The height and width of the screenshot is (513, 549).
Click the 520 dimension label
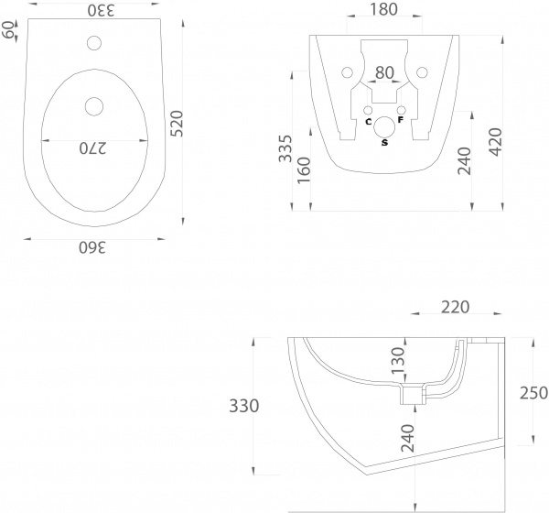pos(178,124)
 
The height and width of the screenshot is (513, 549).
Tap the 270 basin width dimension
pos(92,148)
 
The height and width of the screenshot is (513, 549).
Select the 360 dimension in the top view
pos(92,247)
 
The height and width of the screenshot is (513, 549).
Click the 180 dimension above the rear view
pos(383,9)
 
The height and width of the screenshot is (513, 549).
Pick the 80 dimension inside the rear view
pos(385,73)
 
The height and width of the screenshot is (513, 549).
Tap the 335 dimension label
pos(285,148)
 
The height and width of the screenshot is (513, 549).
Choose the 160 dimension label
pos(304,170)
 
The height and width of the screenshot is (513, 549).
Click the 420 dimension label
pos(496,142)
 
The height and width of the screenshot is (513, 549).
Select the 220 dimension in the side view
pos(455,307)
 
